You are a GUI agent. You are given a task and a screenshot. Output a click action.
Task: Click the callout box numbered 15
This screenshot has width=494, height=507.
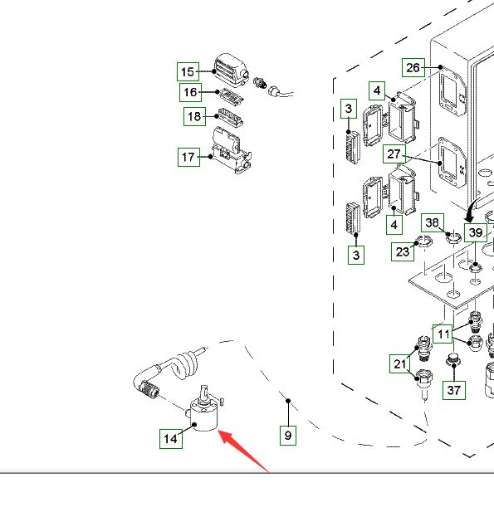coord(188,72)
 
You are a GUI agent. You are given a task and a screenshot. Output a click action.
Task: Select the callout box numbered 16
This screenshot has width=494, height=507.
coord(191,92)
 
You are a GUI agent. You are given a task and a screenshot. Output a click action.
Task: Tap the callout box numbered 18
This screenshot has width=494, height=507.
coord(194,116)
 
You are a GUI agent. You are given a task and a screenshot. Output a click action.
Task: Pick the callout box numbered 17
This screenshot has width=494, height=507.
coord(188,157)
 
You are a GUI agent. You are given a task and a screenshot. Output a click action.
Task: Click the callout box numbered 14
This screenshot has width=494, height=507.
coord(171,439)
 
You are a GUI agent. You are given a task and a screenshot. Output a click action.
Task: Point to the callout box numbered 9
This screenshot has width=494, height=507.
coord(288,435)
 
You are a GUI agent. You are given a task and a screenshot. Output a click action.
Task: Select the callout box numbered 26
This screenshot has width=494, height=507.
coord(413,67)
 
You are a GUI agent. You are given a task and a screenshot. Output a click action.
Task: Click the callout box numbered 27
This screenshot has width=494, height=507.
coord(394,154)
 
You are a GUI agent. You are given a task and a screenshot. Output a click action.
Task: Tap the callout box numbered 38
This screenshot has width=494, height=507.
coord(433,222)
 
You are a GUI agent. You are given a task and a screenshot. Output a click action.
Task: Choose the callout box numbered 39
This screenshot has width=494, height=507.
coord(476,232)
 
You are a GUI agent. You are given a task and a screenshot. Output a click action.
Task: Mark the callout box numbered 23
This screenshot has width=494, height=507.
coord(403,251)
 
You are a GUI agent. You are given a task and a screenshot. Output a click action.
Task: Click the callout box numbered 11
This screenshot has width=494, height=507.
coord(443,334)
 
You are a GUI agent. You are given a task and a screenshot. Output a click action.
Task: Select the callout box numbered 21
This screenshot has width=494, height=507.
coord(400,363)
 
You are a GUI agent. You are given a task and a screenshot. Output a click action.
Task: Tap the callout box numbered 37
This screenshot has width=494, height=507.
coord(454,390)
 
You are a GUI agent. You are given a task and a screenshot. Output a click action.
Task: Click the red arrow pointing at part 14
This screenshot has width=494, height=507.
coord(243,451)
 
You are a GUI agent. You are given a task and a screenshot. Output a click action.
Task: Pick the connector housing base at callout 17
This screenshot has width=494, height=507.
coord(232,158)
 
